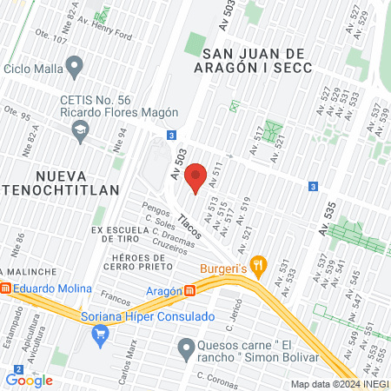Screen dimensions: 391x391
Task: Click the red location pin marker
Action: tap(195, 176)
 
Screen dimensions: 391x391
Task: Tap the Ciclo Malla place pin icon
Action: tap(75, 66)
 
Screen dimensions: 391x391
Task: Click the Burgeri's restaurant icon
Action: tap(257, 264)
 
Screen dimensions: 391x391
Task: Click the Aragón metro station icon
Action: tap(190, 290)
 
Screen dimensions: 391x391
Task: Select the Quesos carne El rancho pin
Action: tap(184, 350)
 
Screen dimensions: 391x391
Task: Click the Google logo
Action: tap(29, 380)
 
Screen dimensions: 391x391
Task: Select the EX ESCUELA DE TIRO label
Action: tap(125, 235)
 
